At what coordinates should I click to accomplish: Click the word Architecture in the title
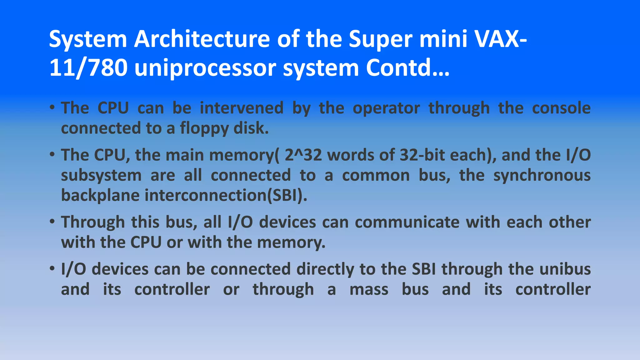202,39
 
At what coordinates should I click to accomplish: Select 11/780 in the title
88,68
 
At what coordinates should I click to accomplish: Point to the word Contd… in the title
407,68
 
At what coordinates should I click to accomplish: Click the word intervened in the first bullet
242,108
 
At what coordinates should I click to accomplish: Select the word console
561,108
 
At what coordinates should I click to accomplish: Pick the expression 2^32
303,155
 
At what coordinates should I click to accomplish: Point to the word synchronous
542,176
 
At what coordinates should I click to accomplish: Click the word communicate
407,222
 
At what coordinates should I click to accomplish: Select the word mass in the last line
369,290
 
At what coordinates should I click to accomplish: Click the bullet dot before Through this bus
52,222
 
